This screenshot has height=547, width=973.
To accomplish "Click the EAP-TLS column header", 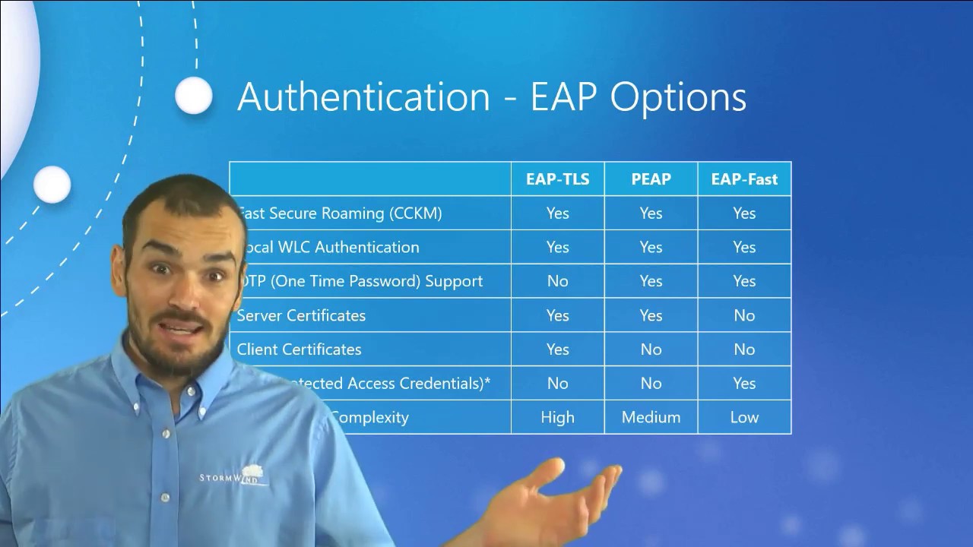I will coord(557,179).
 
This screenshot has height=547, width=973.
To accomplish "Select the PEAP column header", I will coord(651,179).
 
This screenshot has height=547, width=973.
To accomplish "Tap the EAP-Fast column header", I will coord(744,179).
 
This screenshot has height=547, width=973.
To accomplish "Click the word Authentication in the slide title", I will coord(363,97).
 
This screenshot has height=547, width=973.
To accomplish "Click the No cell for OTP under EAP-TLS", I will coord(557,281).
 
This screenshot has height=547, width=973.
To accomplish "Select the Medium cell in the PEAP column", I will coord(651,417).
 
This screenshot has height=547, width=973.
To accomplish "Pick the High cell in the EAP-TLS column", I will coord(557,417).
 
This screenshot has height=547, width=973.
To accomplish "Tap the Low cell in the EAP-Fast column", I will coord(744,417).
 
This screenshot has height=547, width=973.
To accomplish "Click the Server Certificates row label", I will coord(301,315).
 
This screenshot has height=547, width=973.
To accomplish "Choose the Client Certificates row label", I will coord(299,349).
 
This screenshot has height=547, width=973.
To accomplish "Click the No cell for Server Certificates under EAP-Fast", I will coord(744,315).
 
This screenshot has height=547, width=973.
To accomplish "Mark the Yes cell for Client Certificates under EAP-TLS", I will coord(557,349).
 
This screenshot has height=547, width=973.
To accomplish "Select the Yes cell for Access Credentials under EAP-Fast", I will coord(744,383).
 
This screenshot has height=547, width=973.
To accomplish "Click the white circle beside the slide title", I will coord(194,96).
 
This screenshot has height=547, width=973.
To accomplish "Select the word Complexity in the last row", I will coord(370,417).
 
